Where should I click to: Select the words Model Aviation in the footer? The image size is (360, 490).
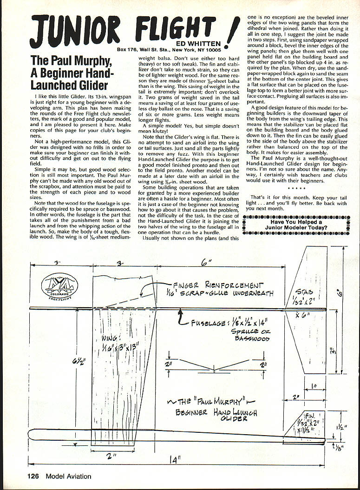pyautogui.click(x=69, y=476)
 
